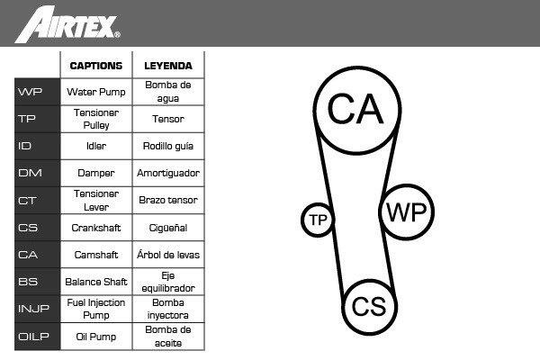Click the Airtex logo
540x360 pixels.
(67, 25)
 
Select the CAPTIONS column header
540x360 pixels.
(96, 66)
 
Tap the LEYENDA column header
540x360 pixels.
(168, 66)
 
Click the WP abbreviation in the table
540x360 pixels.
(30, 92)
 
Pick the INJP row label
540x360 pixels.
(33, 309)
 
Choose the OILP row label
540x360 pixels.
(33, 337)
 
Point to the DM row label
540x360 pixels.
(30, 173)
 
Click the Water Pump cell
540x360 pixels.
(96, 92)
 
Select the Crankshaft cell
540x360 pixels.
(96, 228)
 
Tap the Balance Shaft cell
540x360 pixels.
(96, 282)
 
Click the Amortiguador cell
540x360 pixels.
(168, 173)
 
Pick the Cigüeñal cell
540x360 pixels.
(168, 228)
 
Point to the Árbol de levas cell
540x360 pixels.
(168, 255)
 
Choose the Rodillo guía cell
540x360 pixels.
(168, 146)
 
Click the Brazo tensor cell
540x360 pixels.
(168, 200)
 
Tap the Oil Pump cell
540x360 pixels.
(96, 337)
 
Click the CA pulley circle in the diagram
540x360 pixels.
(357, 110)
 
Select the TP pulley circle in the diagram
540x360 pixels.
(318, 220)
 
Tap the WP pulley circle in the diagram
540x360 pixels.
(407, 211)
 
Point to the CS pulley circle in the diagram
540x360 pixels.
(369, 307)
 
